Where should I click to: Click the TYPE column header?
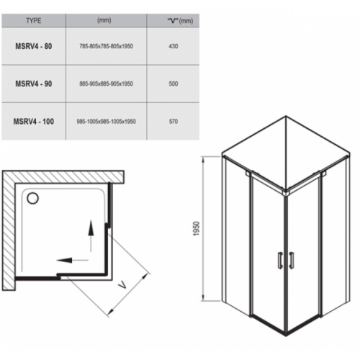(34, 21)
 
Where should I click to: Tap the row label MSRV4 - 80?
(34, 46)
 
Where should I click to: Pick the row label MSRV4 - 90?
(34, 84)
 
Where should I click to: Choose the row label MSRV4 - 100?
(34, 121)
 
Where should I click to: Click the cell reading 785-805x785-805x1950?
(107, 46)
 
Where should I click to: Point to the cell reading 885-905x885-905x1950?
(107, 84)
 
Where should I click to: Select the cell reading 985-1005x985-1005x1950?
(107, 121)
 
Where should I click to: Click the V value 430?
(174, 46)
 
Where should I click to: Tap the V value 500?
(174, 84)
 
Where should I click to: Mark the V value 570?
(174, 121)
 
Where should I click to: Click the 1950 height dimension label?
(197, 228)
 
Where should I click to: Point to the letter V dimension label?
(122, 285)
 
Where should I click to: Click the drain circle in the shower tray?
(32, 199)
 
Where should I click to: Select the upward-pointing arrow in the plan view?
(91, 236)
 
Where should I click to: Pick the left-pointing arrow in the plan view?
(73, 260)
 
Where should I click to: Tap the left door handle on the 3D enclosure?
(280, 260)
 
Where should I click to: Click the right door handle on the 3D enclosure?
(292, 260)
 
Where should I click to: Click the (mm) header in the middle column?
(104, 20)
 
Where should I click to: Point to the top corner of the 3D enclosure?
(286, 116)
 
